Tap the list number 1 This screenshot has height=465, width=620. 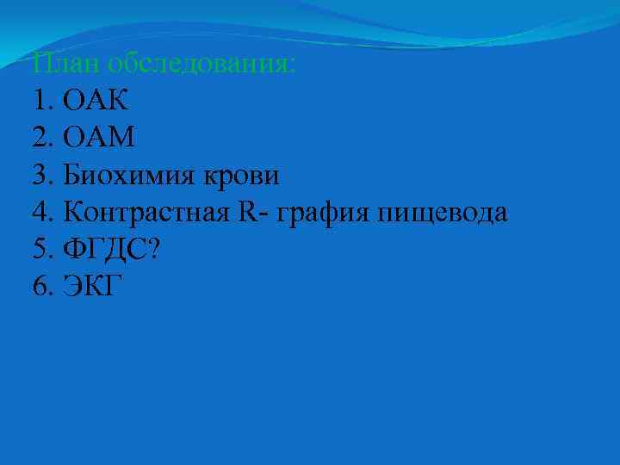click(39, 101)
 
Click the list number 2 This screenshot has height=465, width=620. click(39, 138)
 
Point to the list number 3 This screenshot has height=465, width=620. click(39, 175)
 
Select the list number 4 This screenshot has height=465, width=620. click(39, 212)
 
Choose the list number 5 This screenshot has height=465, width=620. click(39, 249)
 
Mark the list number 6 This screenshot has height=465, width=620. click(39, 286)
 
